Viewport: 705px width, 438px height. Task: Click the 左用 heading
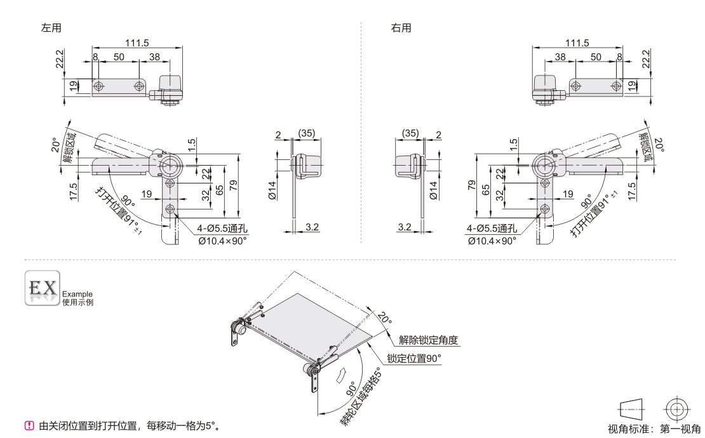pyautogui.click(x=51, y=28)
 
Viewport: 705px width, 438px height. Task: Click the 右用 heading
pyautogui.click(x=401, y=28)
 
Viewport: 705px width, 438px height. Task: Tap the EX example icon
pyautogui.click(x=42, y=288)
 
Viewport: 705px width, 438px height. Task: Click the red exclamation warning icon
pyautogui.click(x=29, y=425)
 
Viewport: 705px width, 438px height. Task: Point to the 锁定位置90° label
pyautogui.click(x=415, y=359)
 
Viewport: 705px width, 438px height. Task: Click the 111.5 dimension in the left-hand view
pyautogui.click(x=137, y=43)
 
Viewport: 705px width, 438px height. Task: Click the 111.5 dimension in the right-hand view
pyautogui.click(x=577, y=43)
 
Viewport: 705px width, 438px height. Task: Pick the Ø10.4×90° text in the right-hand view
pyautogui.click(x=492, y=241)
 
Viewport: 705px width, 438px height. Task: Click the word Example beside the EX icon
pyautogui.click(x=77, y=294)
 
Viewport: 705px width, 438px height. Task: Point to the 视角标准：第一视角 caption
pyautogui.click(x=654, y=429)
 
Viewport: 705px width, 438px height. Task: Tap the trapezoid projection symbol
pyautogui.click(x=630, y=408)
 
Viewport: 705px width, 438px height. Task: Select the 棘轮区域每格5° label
pyautogui.click(x=363, y=397)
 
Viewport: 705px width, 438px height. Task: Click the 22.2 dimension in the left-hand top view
pyautogui.click(x=59, y=61)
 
